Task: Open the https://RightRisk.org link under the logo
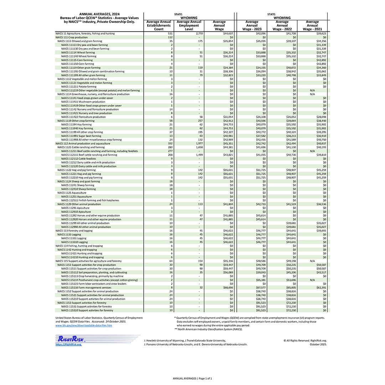click(68, 344)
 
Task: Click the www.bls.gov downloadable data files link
click(84, 325)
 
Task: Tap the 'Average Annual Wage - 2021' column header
click(312, 25)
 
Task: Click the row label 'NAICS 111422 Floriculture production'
click(83, 117)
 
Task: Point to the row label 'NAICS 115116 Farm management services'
click(86, 288)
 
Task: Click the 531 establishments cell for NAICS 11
click(170, 34)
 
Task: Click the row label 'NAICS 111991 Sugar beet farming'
click(81, 136)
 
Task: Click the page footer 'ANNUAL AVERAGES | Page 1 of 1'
click(192, 378)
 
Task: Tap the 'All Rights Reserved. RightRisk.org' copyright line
click(305, 340)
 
